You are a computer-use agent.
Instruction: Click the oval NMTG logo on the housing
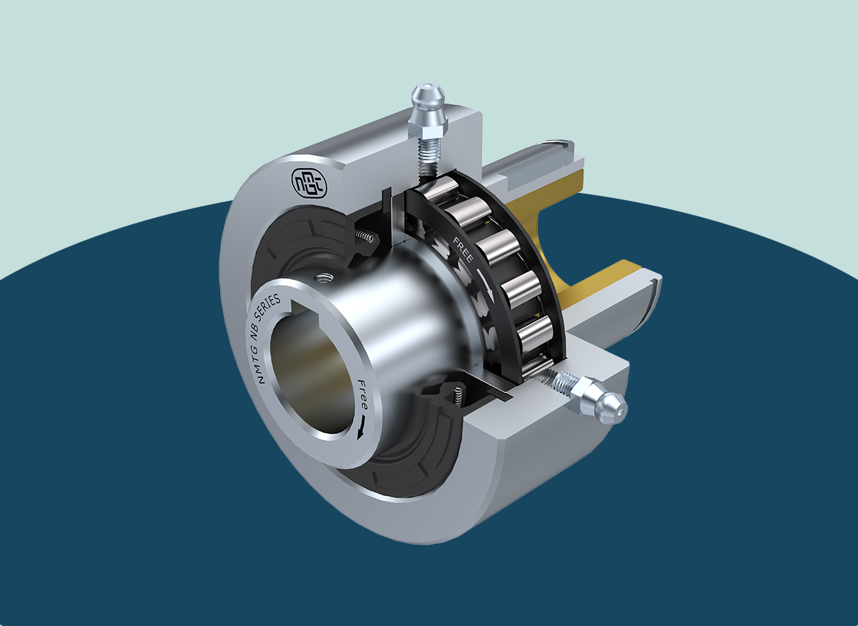(x=309, y=183)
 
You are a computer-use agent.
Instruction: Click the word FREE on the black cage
(x=463, y=249)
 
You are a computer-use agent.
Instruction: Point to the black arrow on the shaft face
(x=360, y=428)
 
